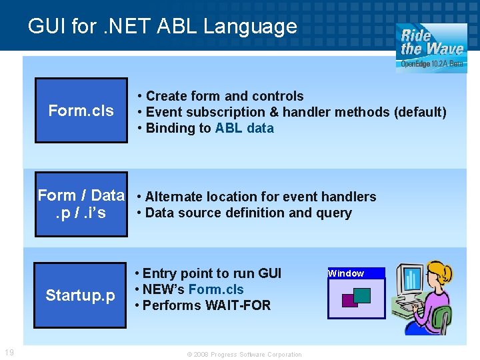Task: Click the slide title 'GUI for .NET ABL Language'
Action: pos(162,26)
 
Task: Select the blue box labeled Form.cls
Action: pos(81,111)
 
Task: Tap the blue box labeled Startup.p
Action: pos(81,295)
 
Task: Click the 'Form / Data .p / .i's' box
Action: pos(81,204)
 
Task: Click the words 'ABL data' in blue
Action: pos(244,128)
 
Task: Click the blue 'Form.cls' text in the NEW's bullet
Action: pos(216,289)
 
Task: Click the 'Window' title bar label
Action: pos(347,273)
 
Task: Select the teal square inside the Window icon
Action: pos(362,295)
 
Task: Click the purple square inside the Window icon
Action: pos(349,301)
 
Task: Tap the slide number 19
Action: pos(9,353)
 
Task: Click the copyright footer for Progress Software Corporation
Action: pos(244,355)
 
